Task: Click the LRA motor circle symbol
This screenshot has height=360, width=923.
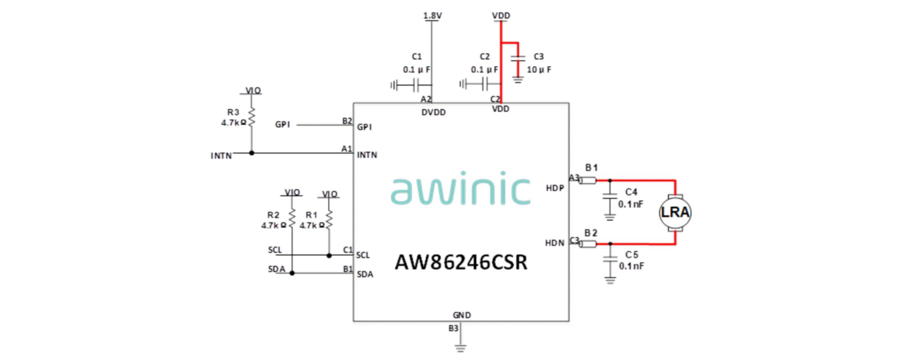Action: click(x=675, y=212)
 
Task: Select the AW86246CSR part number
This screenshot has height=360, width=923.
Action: click(x=461, y=262)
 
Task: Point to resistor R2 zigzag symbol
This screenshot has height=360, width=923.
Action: click(x=292, y=218)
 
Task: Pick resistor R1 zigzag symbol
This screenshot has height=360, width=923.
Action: click(x=329, y=219)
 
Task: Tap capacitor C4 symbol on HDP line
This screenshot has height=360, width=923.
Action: click(x=610, y=197)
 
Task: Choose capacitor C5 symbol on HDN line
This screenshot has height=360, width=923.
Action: click(x=610, y=259)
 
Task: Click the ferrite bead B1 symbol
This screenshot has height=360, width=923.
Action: click(x=588, y=180)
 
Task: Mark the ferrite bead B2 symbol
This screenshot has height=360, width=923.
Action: click(x=588, y=244)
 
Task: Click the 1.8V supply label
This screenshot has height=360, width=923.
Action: click(x=432, y=16)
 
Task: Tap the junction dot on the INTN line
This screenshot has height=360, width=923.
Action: click(x=251, y=153)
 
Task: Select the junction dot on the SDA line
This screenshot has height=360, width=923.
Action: click(x=292, y=273)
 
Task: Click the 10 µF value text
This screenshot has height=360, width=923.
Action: click(x=539, y=70)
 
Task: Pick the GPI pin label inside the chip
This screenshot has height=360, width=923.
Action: click(x=364, y=127)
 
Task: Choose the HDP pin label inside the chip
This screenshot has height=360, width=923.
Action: click(x=555, y=188)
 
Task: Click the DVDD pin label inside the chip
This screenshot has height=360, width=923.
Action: click(x=433, y=113)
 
